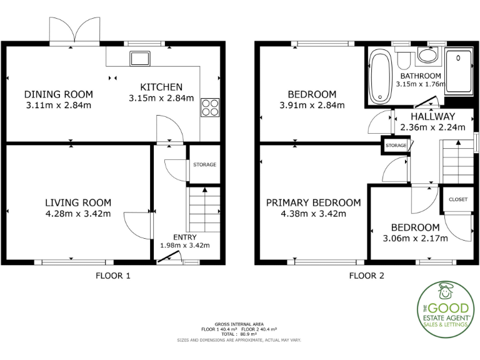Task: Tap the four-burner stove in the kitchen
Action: tap(210, 107)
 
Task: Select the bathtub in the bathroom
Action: tap(380, 77)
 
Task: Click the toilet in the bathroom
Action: tap(403, 59)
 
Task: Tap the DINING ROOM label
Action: tap(59, 94)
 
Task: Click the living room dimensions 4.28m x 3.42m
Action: tap(78, 214)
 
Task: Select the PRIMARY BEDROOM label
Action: tap(313, 202)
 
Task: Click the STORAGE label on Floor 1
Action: tap(204, 165)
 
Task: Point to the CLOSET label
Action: tap(458, 199)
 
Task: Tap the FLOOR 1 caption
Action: tap(112, 276)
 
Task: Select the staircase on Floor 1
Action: tap(204, 209)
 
